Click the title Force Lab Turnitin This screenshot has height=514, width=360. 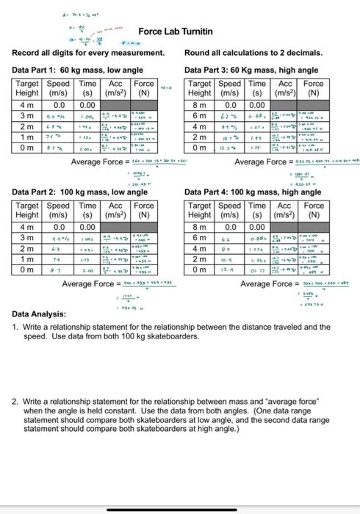coord(176,32)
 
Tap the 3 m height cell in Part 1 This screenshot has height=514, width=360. coord(26,115)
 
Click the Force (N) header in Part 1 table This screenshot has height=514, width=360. coord(143,89)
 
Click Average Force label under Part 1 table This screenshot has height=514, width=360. coord(98,161)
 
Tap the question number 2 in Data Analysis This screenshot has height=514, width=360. coord(15,402)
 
